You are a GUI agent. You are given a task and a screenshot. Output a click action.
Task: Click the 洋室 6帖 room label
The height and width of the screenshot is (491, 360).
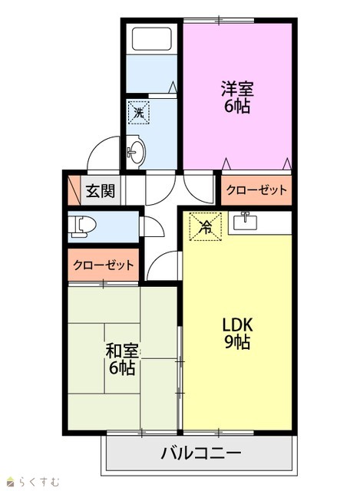237,97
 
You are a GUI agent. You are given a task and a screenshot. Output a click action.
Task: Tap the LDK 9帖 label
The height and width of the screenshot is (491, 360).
237,334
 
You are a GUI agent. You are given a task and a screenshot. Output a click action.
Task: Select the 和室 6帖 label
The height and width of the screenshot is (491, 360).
122,360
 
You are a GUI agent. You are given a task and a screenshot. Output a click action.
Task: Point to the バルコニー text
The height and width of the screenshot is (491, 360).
201,453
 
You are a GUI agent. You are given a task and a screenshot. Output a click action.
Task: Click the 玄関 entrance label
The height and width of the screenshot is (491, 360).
101,191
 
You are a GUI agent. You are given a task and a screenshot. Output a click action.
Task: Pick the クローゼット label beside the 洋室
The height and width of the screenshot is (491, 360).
256,190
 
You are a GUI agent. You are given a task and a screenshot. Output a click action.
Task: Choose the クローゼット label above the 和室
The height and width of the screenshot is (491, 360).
104,265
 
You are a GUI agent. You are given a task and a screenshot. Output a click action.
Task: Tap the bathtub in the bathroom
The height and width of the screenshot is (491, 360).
152,39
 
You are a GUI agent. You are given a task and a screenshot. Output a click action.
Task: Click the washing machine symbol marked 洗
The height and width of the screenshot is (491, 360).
139,112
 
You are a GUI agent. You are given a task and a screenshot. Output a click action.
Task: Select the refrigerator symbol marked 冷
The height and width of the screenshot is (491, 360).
206,227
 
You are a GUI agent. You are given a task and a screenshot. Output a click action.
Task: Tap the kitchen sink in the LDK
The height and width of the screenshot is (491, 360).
246,222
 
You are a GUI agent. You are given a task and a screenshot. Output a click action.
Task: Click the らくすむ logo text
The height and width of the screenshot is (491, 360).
38,481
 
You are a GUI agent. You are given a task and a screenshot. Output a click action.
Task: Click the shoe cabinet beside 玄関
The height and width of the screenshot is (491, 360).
74,190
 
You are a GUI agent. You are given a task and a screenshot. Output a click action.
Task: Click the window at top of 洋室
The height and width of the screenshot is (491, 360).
219,21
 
